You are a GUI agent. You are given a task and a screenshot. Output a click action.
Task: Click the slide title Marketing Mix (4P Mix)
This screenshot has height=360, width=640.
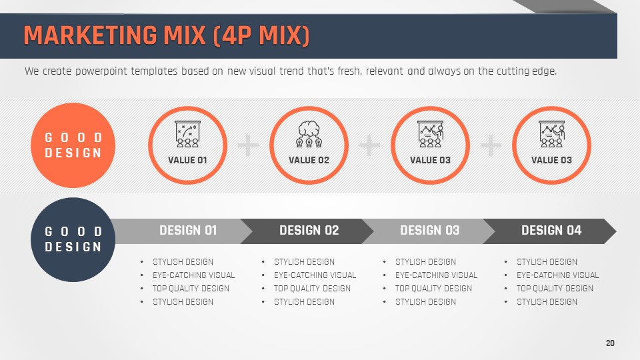pyautogui.click(x=167, y=35)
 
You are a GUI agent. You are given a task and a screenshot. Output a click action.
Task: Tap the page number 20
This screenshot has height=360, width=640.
pyautogui.click(x=610, y=343)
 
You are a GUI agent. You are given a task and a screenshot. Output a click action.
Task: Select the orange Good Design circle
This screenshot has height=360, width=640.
pyautogui.click(x=73, y=145)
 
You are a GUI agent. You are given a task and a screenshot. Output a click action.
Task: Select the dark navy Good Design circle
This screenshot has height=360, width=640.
pyautogui.click(x=73, y=239)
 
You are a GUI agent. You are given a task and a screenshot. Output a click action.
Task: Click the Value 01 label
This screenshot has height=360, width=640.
pyautogui.click(x=187, y=160)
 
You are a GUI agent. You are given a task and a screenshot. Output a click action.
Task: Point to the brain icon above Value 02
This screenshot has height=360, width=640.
pyautogui.click(x=309, y=134)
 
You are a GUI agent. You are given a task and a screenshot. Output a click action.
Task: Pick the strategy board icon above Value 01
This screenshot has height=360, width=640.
pyautogui.click(x=188, y=134)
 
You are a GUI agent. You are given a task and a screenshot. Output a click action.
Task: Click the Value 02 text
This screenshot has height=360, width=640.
pyautogui.click(x=309, y=160)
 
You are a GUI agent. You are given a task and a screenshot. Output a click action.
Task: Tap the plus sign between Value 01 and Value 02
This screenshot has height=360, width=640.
pyautogui.click(x=248, y=145)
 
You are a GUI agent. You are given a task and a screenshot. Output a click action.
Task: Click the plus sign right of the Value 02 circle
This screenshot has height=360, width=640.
pyautogui.click(x=369, y=145)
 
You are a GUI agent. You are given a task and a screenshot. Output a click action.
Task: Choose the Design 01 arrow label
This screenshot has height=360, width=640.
pyautogui.click(x=188, y=231)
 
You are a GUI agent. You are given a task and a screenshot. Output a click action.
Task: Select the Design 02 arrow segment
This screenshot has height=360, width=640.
pyautogui.click(x=307, y=231)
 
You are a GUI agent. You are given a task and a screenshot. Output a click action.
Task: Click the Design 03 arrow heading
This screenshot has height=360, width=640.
pyautogui.click(x=429, y=231)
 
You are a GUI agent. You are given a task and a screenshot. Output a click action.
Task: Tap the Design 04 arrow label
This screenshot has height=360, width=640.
pyautogui.click(x=551, y=231)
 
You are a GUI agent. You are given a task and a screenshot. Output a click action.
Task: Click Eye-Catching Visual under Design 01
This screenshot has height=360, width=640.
pyautogui.click(x=194, y=275)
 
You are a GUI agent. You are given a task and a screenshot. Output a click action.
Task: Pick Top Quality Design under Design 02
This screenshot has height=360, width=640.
pyautogui.click(x=312, y=289)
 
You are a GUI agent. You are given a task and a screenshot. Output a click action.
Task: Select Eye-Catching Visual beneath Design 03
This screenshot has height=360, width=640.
pyautogui.click(x=436, y=275)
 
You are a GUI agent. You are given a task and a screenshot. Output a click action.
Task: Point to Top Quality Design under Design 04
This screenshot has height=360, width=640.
pyautogui.click(x=555, y=289)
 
